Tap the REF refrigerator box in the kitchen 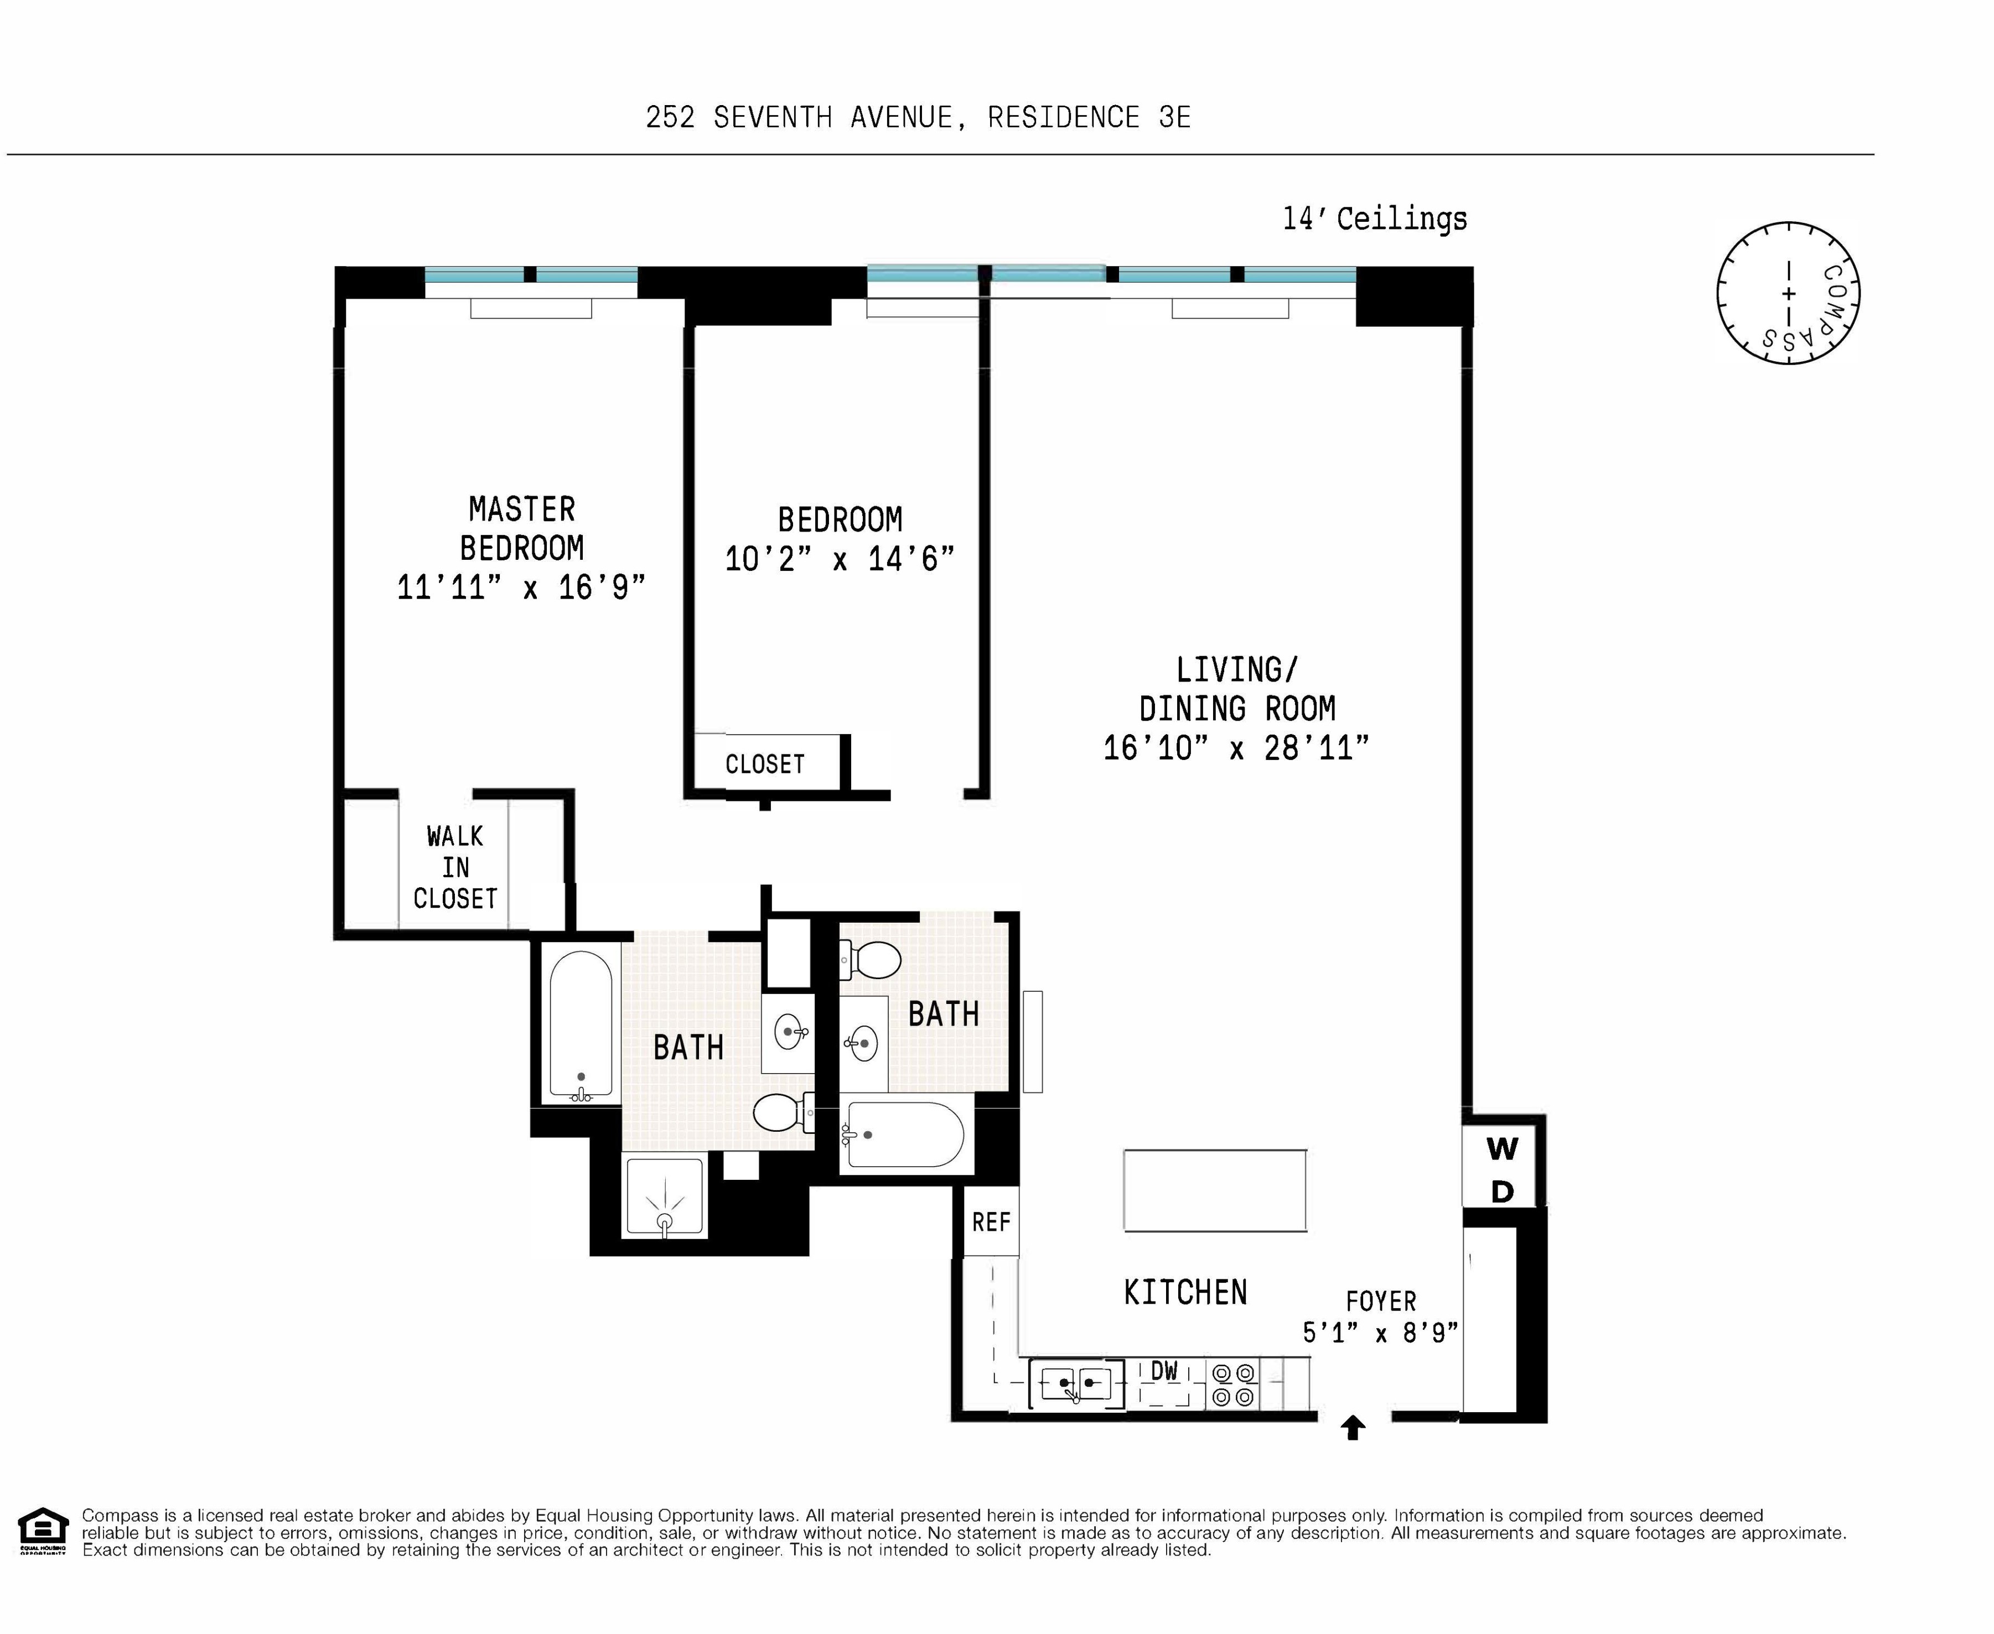tap(991, 1222)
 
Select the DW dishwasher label tap(1164, 1371)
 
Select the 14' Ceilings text tap(1375, 218)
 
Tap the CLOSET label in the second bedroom tap(764, 763)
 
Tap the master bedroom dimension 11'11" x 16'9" tap(521, 587)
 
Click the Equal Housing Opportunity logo tap(43, 1532)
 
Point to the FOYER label tap(1380, 1302)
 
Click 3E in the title tap(1175, 118)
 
